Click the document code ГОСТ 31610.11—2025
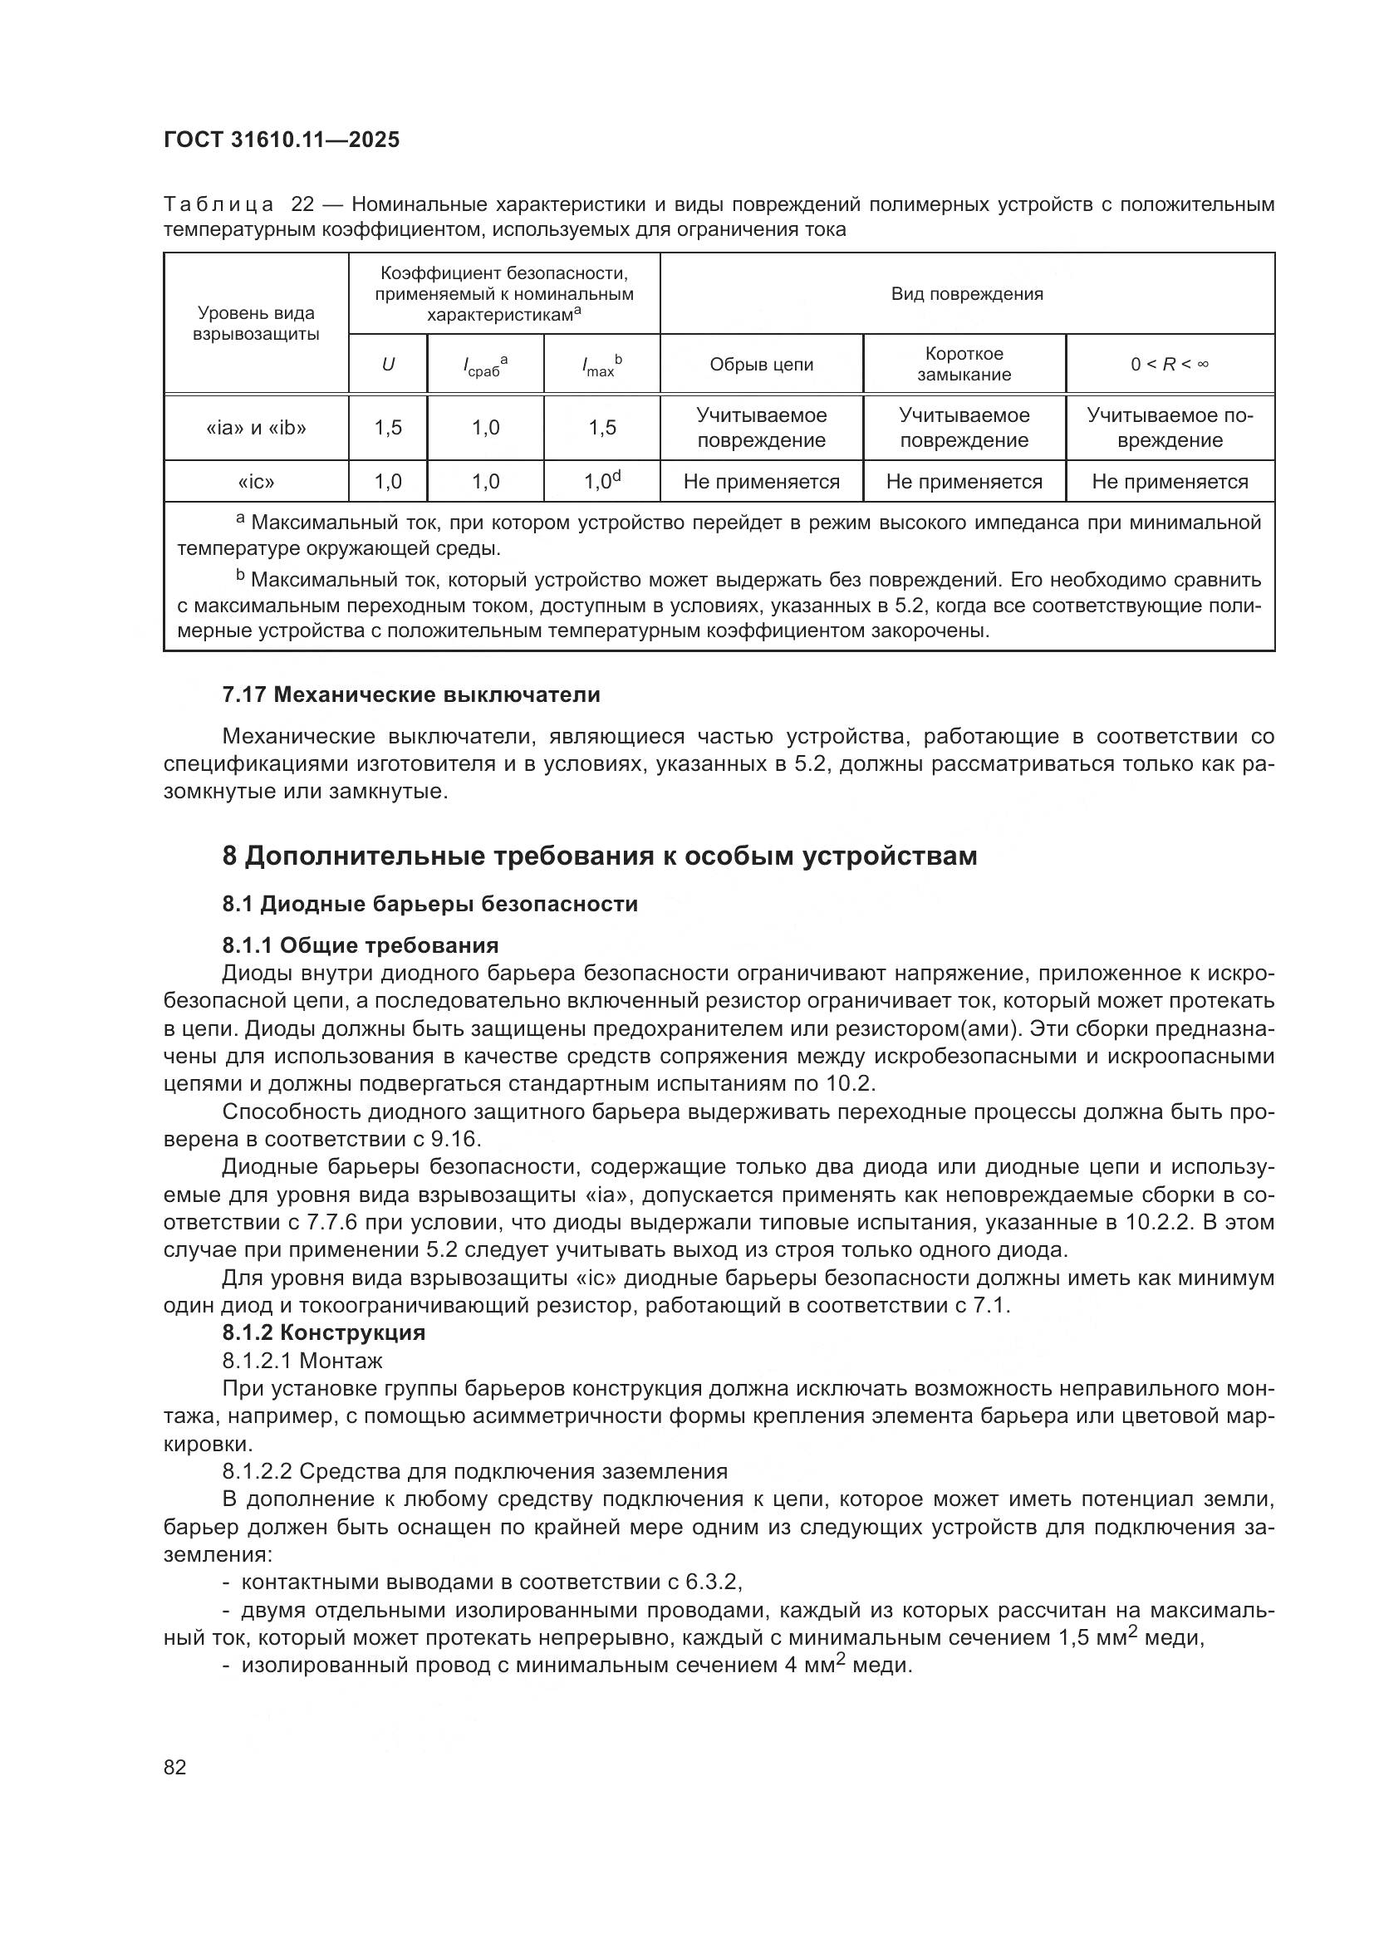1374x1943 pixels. [281, 140]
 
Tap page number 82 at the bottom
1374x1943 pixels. [175, 1767]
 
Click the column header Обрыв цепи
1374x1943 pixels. [761, 364]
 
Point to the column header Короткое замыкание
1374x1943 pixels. [964, 364]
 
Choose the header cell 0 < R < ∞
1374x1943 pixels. [1170, 364]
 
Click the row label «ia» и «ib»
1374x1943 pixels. [256, 427]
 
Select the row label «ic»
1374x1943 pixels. [256, 482]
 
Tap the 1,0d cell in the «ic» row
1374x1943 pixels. [601, 482]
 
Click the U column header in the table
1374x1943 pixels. [387, 365]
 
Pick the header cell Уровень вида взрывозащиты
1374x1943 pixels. [256, 323]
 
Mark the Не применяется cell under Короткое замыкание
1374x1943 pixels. [964, 482]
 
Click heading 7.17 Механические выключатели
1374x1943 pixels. [411, 694]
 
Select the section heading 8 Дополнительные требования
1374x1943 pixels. [599, 856]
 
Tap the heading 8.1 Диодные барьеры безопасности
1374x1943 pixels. [429, 904]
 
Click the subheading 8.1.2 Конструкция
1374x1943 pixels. [323, 1332]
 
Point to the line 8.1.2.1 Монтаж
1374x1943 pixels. [302, 1361]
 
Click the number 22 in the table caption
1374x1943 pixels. [302, 204]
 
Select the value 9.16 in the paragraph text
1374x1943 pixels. [454, 1139]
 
